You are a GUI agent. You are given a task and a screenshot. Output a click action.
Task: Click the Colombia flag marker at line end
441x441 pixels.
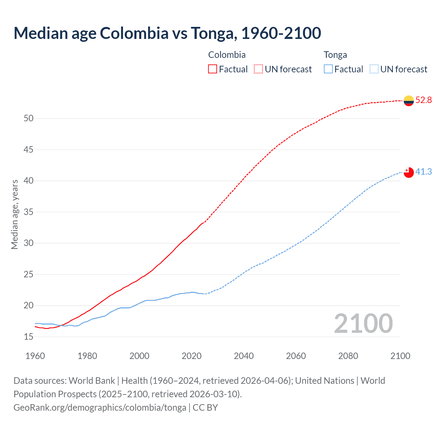pyautogui.click(x=409, y=101)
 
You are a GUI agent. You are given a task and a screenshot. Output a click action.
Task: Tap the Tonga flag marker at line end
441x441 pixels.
pyautogui.click(x=409, y=172)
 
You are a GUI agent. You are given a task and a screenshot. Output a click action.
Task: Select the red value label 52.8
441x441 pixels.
pyautogui.click(x=423, y=100)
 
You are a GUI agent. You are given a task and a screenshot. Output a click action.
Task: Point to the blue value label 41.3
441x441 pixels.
pyautogui.click(x=423, y=172)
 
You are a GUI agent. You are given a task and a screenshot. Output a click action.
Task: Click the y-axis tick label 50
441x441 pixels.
pyautogui.click(x=29, y=119)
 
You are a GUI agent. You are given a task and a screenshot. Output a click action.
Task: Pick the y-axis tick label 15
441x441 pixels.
pyautogui.click(x=29, y=337)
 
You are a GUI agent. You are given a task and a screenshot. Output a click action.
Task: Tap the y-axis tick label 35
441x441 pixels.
pyautogui.click(x=29, y=212)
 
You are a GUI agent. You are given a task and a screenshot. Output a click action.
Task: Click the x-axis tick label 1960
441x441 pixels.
pyautogui.click(x=35, y=356)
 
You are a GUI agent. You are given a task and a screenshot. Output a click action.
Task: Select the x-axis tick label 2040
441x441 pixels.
pyautogui.click(x=244, y=356)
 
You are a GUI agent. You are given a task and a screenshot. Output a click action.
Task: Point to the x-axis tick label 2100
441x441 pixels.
pyautogui.click(x=400, y=356)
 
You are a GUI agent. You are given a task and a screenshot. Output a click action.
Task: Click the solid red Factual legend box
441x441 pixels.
pyautogui.click(x=213, y=69)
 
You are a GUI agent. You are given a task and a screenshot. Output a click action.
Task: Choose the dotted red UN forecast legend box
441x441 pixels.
pyautogui.click(x=258, y=69)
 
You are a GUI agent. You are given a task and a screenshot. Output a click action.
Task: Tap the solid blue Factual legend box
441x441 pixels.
pyautogui.click(x=328, y=69)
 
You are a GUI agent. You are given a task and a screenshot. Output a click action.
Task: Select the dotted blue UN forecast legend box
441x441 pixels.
pyautogui.click(x=374, y=69)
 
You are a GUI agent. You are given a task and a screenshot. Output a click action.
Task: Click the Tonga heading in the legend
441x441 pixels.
pyautogui.click(x=335, y=55)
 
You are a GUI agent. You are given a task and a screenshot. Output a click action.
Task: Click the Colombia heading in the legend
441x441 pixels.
pyautogui.click(x=227, y=55)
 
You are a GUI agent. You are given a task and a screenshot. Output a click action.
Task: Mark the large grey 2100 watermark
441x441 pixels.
pyautogui.click(x=363, y=324)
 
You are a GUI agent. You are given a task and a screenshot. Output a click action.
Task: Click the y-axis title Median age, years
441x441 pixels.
pyautogui.click(x=14, y=214)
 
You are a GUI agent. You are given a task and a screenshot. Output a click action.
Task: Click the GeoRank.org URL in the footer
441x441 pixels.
pyautogui.click(x=100, y=408)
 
